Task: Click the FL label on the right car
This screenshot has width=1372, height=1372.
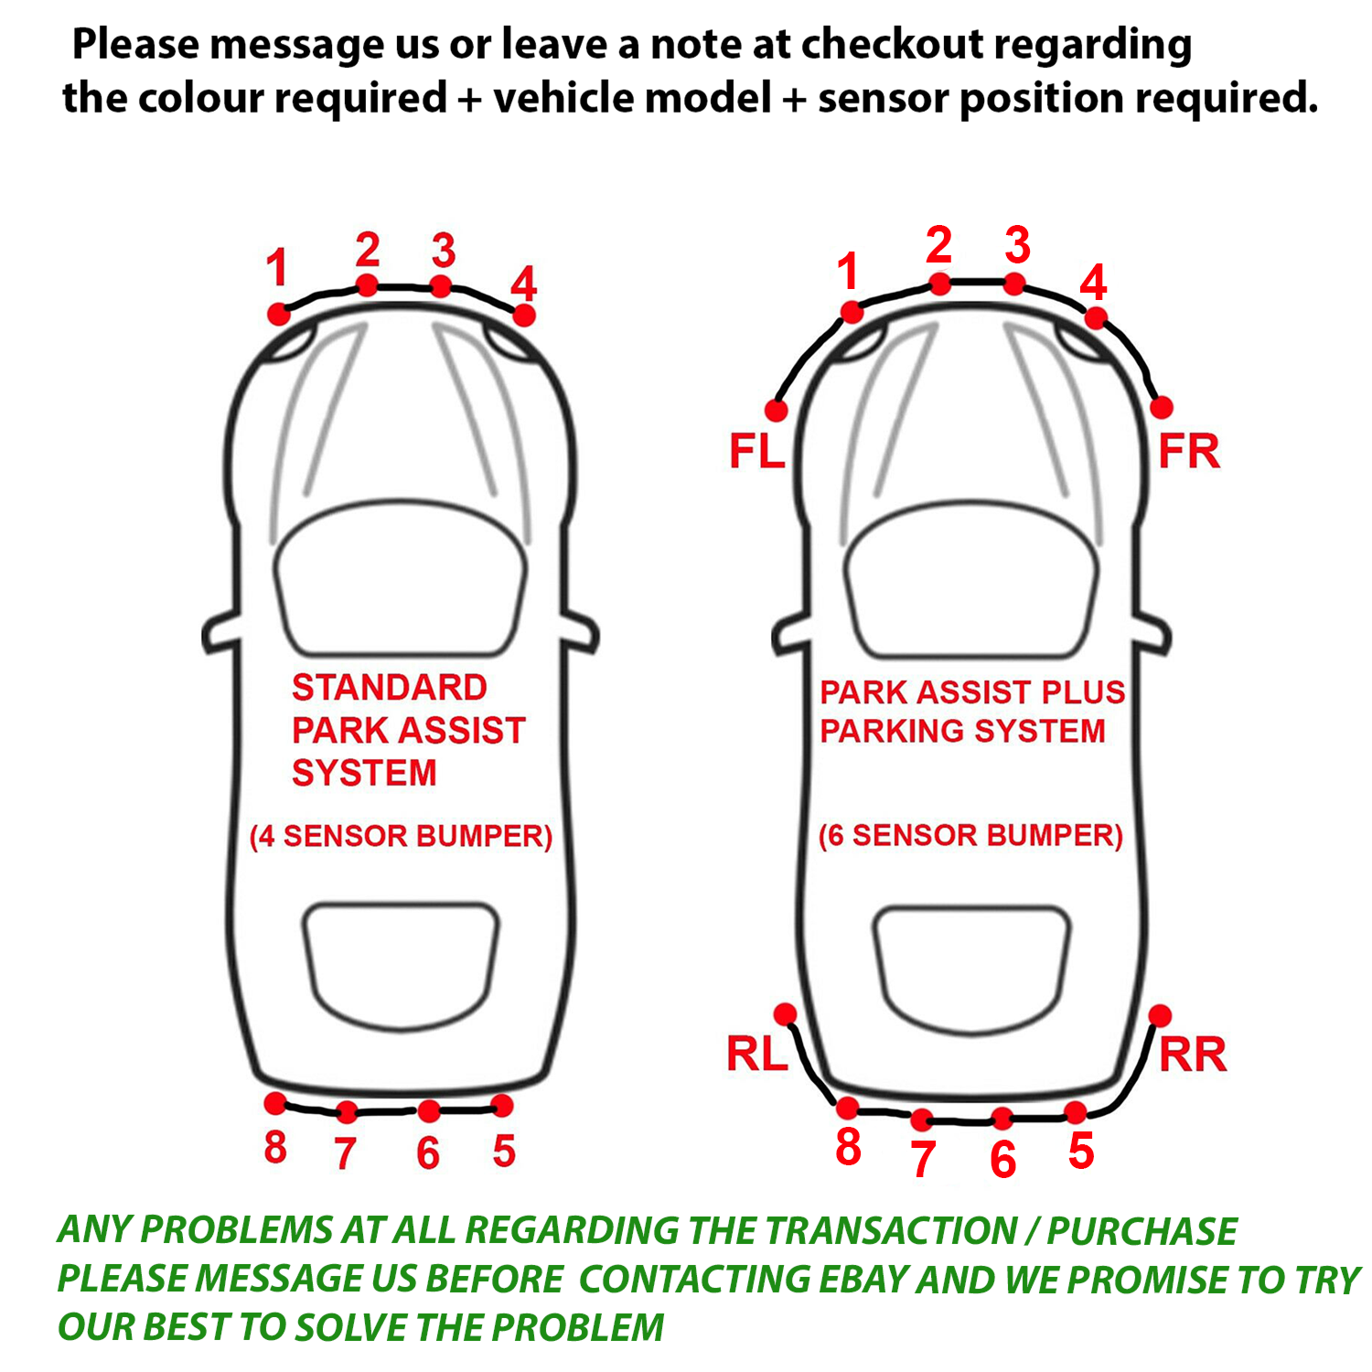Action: tap(756, 452)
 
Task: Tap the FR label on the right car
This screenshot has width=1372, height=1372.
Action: tap(1189, 452)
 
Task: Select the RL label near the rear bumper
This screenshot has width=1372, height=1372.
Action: tap(756, 1055)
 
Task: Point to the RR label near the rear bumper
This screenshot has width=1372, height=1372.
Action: tap(1192, 1055)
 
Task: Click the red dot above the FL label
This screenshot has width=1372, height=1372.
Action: tap(777, 409)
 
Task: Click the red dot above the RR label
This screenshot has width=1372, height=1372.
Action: tap(1160, 1015)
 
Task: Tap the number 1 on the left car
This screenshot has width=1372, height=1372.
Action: tap(277, 268)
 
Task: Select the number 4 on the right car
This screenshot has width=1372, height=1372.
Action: tap(1093, 283)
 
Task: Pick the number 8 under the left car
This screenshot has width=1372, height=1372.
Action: tap(275, 1147)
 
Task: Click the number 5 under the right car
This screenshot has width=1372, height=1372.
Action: tap(1081, 1151)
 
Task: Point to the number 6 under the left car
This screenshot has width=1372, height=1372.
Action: tap(428, 1152)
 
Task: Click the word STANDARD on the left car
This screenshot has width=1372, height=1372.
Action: tap(389, 688)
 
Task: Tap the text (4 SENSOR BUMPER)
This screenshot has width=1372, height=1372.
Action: tap(401, 836)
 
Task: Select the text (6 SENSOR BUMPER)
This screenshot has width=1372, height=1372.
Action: tap(970, 835)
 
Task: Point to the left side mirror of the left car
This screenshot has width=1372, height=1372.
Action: tap(220, 633)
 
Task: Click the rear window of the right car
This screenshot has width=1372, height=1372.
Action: tap(971, 970)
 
